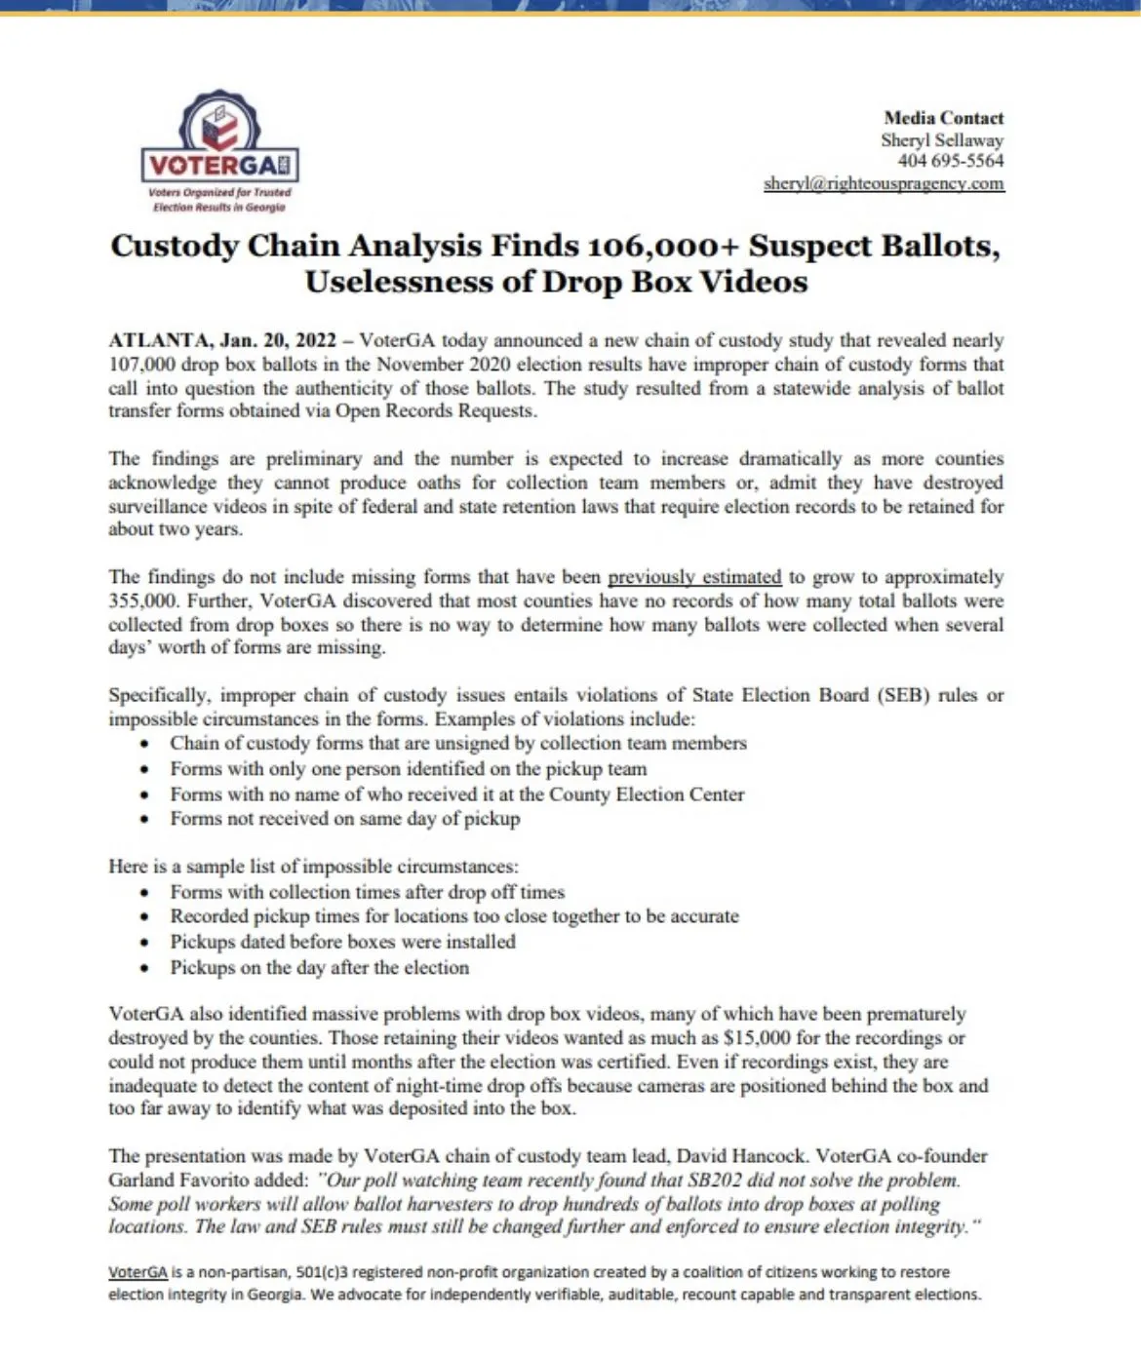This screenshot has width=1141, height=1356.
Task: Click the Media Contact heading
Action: pos(943,118)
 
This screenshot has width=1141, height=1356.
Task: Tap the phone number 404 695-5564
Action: pos(950,161)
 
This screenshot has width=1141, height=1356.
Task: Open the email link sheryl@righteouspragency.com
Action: pos(884,183)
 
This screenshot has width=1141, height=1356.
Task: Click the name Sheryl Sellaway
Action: pos(941,139)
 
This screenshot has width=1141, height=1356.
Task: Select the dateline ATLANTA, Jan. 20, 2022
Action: pos(222,340)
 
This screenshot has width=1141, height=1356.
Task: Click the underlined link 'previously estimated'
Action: pos(694,577)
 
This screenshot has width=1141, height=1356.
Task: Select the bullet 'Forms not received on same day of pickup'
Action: pos(345,819)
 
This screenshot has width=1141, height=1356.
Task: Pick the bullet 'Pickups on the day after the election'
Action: pos(319,968)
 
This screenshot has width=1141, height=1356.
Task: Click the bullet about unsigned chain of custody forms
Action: pos(458,743)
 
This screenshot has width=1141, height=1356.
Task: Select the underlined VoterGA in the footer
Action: pos(138,1272)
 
